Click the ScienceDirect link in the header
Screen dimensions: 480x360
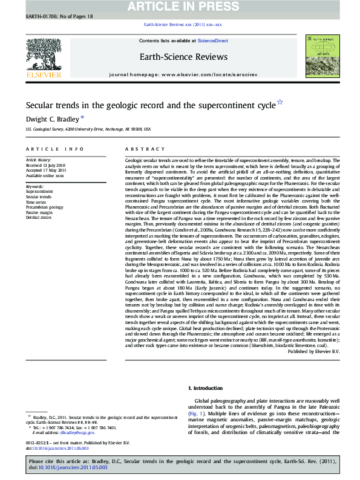[214, 41]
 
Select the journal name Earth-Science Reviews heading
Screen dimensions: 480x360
[183, 57]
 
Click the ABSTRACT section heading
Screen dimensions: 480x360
[137, 148]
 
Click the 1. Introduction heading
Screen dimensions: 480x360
[207, 387]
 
